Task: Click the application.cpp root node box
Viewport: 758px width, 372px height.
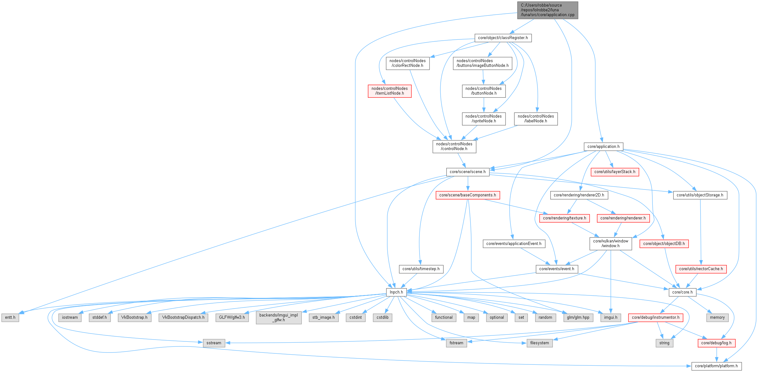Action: click(547, 10)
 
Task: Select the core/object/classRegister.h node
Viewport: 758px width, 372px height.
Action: click(503, 38)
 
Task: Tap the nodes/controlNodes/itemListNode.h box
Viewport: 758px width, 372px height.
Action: click(390, 91)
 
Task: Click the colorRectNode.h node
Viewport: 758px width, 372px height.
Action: click(408, 63)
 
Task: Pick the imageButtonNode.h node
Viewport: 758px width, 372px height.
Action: click(483, 63)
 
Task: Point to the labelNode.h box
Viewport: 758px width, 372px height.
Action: click(535, 119)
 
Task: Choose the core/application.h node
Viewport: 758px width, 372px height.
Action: click(603, 147)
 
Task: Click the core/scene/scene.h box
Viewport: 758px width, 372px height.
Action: click(467, 172)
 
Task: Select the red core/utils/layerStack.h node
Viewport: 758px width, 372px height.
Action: click(615, 172)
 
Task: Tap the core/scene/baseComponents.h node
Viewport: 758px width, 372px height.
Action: click(467, 195)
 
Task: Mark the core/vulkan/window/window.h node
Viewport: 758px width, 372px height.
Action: click(610, 243)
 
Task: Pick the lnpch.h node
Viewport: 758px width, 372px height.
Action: click(396, 292)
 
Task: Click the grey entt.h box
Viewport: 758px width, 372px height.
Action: click(10, 317)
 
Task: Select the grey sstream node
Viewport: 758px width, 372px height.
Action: click(214, 343)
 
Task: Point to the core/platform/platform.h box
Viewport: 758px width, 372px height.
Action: click(716, 366)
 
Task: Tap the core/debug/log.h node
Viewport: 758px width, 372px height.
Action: click(716, 343)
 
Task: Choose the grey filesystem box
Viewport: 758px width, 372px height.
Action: click(539, 343)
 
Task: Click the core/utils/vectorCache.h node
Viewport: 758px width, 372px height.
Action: click(701, 269)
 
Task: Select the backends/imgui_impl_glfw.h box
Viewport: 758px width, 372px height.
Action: click(279, 317)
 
